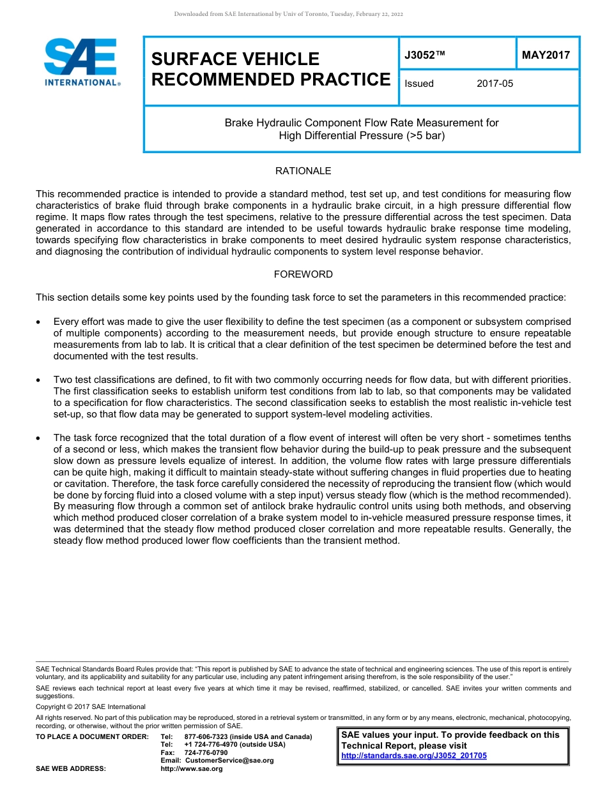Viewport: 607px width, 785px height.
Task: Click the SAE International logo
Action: (x=81, y=63)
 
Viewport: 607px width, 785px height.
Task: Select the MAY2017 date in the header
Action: (x=546, y=56)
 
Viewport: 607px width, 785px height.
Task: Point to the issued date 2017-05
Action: (x=495, y=84)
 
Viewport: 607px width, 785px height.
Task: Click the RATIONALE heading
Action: (x=303, y=171)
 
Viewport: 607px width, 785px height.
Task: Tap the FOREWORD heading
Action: (x=303, y=274)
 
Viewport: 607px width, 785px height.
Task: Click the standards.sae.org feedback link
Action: (x=414, y=756)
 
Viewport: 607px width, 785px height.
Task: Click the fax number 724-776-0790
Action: (x=206, y=752)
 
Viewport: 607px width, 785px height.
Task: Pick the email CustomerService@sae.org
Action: (x=229, y=760)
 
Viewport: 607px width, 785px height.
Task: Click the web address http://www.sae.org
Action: (x=191, y=768)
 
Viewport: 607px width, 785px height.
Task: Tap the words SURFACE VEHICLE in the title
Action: (x=235, y=59)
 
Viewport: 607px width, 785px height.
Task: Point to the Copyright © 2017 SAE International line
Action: (x=91, y=706)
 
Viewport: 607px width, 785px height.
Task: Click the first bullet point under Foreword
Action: (x=40, y=322)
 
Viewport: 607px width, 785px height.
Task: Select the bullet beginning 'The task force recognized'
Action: (x=40, y=438)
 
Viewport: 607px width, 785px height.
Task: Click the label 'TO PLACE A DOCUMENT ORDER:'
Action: (x=92, y=737)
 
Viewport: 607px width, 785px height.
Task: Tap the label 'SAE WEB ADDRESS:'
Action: (x=71, y=768)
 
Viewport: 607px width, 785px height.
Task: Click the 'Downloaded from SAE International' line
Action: (x=288, y=14)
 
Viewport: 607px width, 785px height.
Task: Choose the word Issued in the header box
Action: (x=419, y=84)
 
